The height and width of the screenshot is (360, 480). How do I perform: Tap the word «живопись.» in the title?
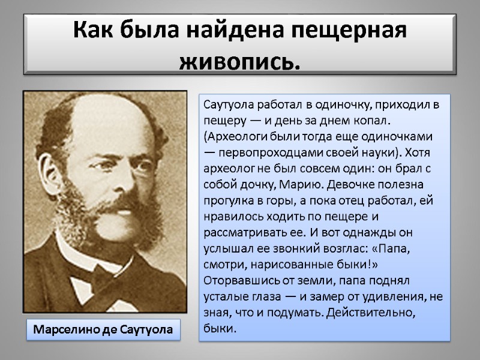[x=240, y=61]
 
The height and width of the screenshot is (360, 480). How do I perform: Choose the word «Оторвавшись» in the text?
[x=235, y=274]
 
